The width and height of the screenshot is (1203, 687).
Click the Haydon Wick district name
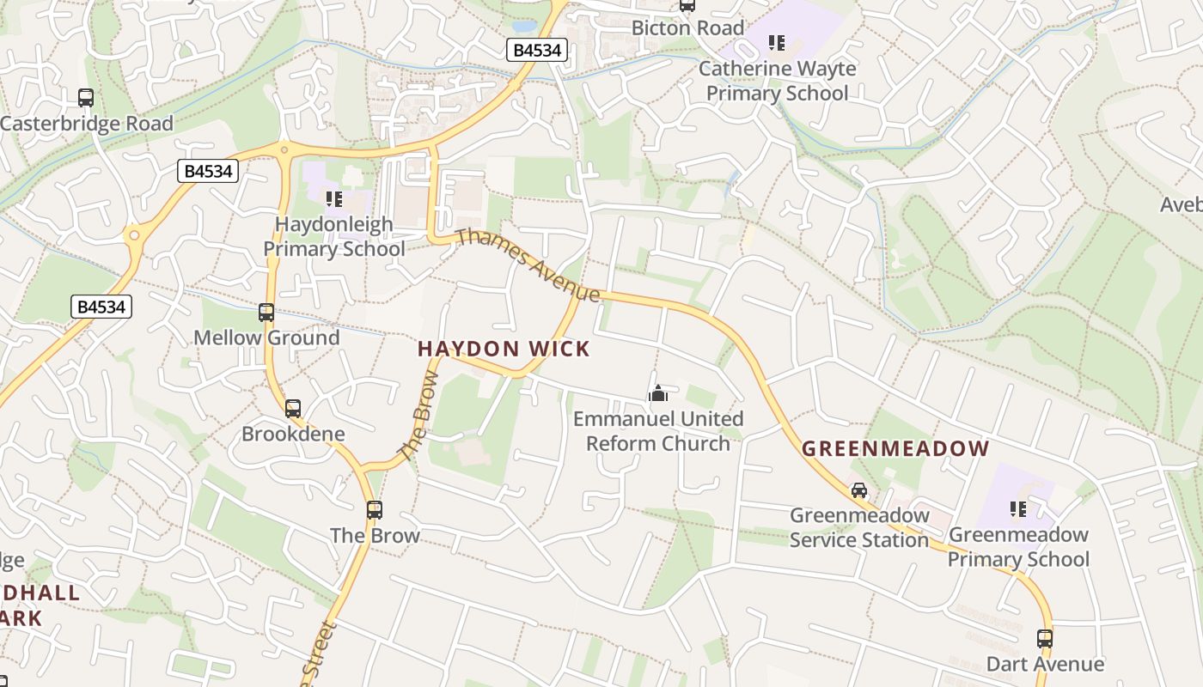(x=504, y=349)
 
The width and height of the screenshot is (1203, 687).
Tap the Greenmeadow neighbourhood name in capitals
(x=895, y=448)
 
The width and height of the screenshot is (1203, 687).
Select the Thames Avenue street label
(x=528, y=265)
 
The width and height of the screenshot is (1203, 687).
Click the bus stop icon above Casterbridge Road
(x=86, y=98)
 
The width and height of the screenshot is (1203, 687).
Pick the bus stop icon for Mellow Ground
(x=266, y=313)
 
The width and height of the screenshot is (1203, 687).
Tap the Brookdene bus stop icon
(x=293, y=409)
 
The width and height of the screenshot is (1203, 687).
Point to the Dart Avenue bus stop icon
(x=1045, y=639)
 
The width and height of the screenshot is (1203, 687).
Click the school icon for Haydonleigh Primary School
(x=334, y=200)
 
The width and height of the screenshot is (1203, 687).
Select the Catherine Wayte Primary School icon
(x=777, y=43)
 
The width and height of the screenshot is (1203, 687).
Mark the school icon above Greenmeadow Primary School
(x=1018, y=509)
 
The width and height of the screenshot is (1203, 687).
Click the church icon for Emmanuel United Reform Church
(x=658, y=393)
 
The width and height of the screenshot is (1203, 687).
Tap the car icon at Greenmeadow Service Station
(x=858, y=490)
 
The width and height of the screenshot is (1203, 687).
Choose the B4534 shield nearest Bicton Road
(x=537, y=51)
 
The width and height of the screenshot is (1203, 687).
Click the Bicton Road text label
(x=687, y=27)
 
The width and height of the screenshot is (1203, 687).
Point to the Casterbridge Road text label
(x=87, y=124)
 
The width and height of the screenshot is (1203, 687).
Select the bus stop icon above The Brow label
(x=375, y=510)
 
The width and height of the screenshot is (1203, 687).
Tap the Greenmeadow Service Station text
(x=859, y=527)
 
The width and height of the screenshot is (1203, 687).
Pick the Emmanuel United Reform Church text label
(x=658, y=431)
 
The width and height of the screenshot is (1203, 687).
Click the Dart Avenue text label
(x=1045, y=664)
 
